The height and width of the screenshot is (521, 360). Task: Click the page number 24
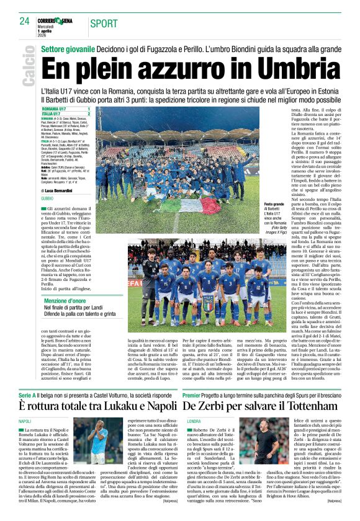[x=25, y=21]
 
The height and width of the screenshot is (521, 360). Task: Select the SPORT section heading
[x=104, y=24]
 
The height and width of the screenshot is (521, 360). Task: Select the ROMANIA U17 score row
[x=66, y=109]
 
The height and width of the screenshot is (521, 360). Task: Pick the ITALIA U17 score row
[x=66, y=114]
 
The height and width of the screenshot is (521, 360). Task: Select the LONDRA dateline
[x=194, y=405]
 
